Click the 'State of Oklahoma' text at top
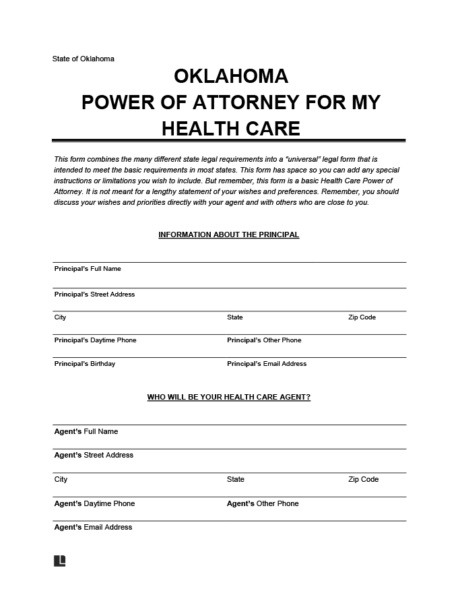tap(84, 59)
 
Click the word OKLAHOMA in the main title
tap(231, 75)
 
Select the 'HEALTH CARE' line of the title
tap(230, 128)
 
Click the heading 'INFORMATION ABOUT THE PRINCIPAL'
tap(228, 235)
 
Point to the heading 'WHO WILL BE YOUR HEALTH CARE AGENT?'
tap(228, 398)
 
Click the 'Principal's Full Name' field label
tap(88, 269)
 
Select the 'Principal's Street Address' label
tap(94, 294)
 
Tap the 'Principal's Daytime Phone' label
tap(95, 340)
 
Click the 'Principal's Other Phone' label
tap(264, 340)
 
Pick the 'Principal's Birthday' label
tap(84, 364)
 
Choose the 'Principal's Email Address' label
tap(267, 364)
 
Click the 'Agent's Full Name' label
tap(86, 431)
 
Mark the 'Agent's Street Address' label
tap(94, 455)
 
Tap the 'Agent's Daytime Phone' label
tap(94, 503)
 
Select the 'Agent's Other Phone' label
tap(263, 503)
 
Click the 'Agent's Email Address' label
tap(93, 527)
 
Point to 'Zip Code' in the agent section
tap(363, 480)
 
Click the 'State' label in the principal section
tap(235, 317)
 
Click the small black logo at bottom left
tap(59, 561)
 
